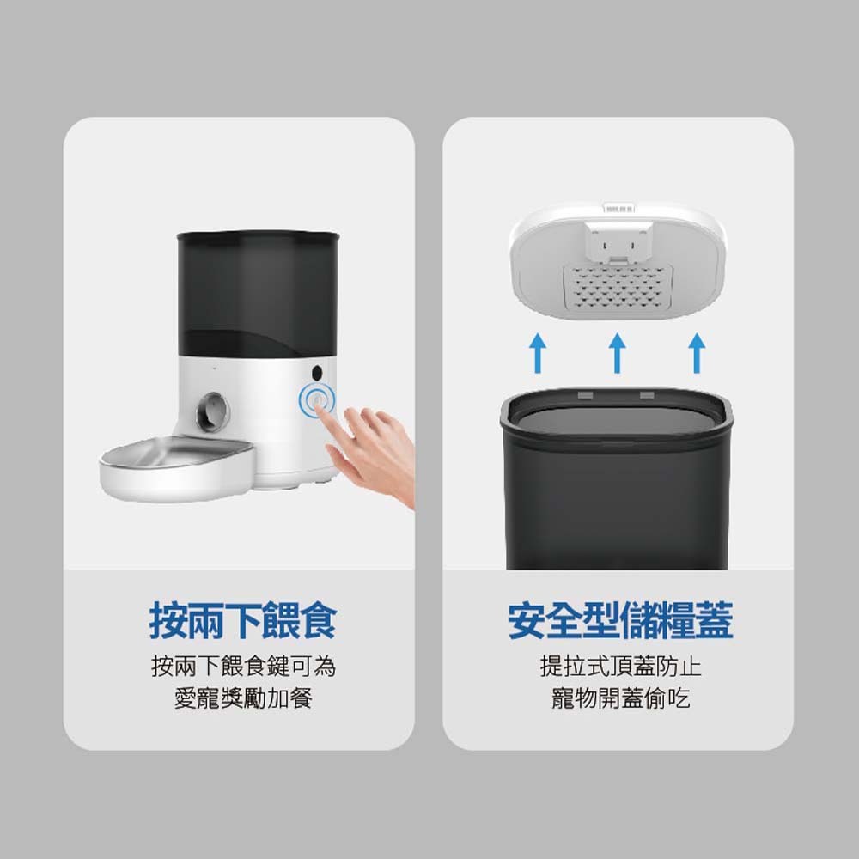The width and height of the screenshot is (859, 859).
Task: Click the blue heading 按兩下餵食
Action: click(243, 621)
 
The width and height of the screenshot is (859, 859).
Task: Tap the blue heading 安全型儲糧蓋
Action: click(619, 621)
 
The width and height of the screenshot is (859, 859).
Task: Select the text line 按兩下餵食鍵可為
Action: click(243, 667)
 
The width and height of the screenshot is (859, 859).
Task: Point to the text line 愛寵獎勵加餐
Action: click(243, 698)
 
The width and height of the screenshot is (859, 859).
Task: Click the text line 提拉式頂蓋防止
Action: click(620, 667)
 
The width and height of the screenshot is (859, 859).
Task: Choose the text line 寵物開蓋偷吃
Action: click(620, 698)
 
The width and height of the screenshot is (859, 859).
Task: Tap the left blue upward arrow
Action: click(538, 353)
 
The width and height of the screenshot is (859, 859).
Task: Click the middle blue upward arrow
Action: click(618, 353)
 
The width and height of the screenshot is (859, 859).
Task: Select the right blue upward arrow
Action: click(697, 353)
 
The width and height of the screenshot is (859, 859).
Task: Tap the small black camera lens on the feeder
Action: click(317, 373)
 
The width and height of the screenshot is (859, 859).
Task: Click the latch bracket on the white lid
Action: click(618, 241)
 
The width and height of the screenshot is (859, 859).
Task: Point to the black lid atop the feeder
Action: click(258, 238)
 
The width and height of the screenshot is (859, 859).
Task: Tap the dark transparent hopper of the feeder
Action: click(258, 295)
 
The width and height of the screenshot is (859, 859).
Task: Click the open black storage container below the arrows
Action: click(616, 478)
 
